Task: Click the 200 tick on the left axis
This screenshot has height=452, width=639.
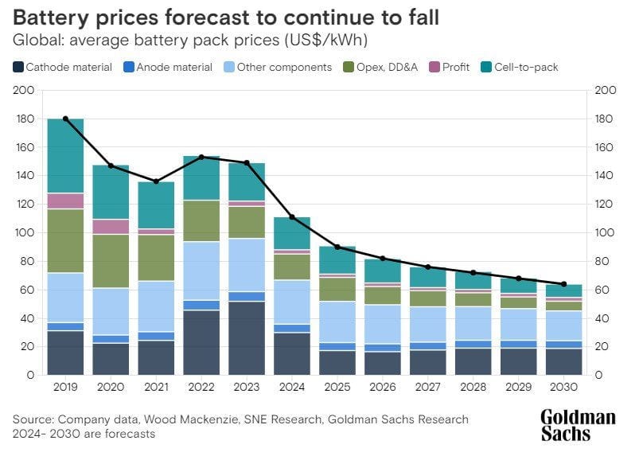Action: point(24,91)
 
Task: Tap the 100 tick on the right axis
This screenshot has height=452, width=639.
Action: point(606,233)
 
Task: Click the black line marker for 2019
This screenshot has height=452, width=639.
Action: point(65,119)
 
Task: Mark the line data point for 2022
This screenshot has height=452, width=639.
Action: point(201,157)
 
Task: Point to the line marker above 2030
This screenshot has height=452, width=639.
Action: point(563,284)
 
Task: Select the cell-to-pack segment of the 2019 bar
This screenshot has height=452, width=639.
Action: point(65,156)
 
